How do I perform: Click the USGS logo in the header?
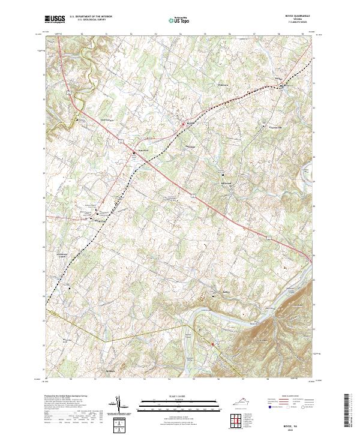coord(55,20)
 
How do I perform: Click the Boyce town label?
coord(191,123)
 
